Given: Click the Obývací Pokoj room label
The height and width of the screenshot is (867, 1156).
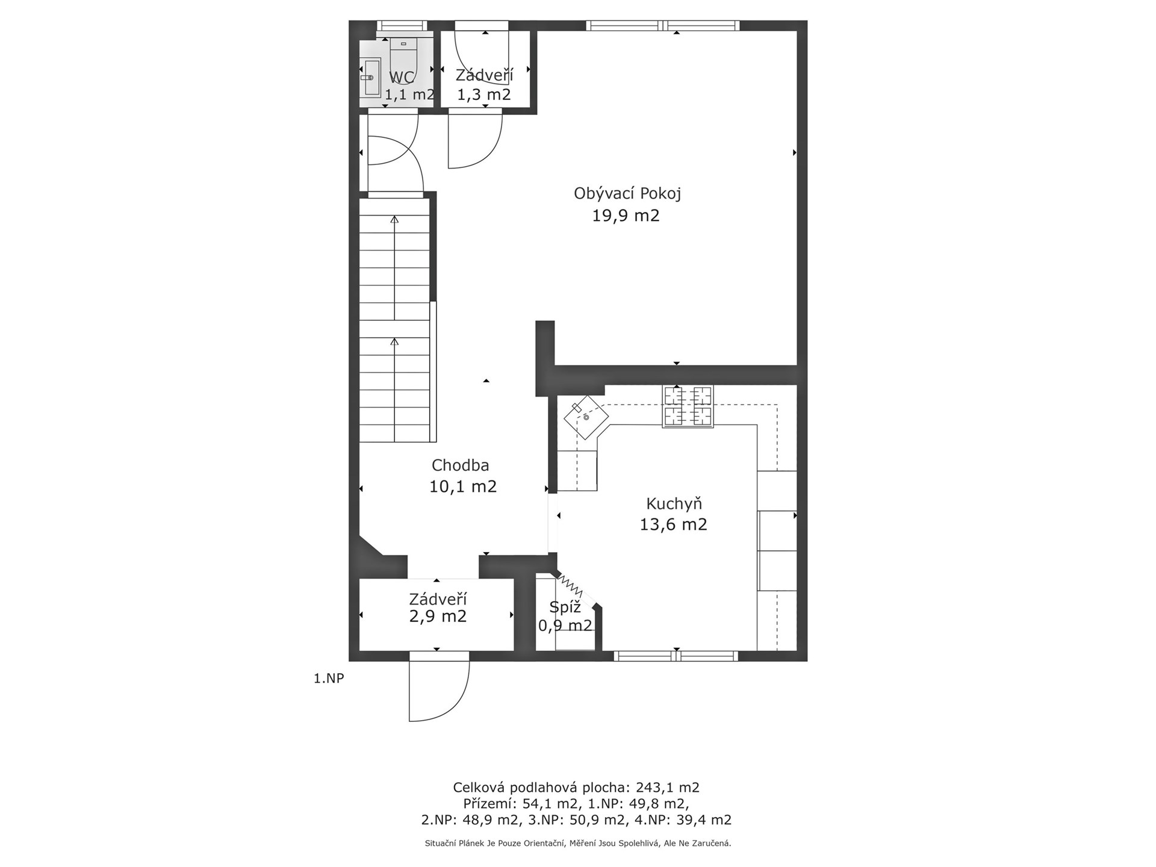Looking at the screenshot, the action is click(627, 194).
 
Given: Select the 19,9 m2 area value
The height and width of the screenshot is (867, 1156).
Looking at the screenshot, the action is click(626, 216).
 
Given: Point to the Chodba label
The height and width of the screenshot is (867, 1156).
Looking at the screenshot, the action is click(461, 465).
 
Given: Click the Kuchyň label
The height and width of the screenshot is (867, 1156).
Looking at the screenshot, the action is click(674, 503).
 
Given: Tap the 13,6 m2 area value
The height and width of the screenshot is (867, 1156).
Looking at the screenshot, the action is click(673, 524).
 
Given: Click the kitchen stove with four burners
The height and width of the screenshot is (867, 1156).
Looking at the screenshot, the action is click(688, 406).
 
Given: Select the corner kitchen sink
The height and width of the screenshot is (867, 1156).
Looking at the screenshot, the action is click(586, 416).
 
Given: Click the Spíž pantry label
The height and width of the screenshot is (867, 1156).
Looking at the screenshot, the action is click(565, 607).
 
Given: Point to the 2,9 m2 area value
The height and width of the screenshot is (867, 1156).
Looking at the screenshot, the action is click(438, 617).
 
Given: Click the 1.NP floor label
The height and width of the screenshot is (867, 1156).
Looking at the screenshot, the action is click(329, 679).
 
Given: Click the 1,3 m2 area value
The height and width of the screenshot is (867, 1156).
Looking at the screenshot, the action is click(484, 95).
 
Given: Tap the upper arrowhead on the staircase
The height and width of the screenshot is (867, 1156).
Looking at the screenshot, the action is click(394, 219).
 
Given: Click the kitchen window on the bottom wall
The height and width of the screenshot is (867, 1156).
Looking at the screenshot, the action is click(676, 656).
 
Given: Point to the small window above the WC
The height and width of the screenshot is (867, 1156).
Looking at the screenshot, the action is click(402, 26).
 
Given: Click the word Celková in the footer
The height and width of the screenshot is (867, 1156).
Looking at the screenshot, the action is click(479, 788).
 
